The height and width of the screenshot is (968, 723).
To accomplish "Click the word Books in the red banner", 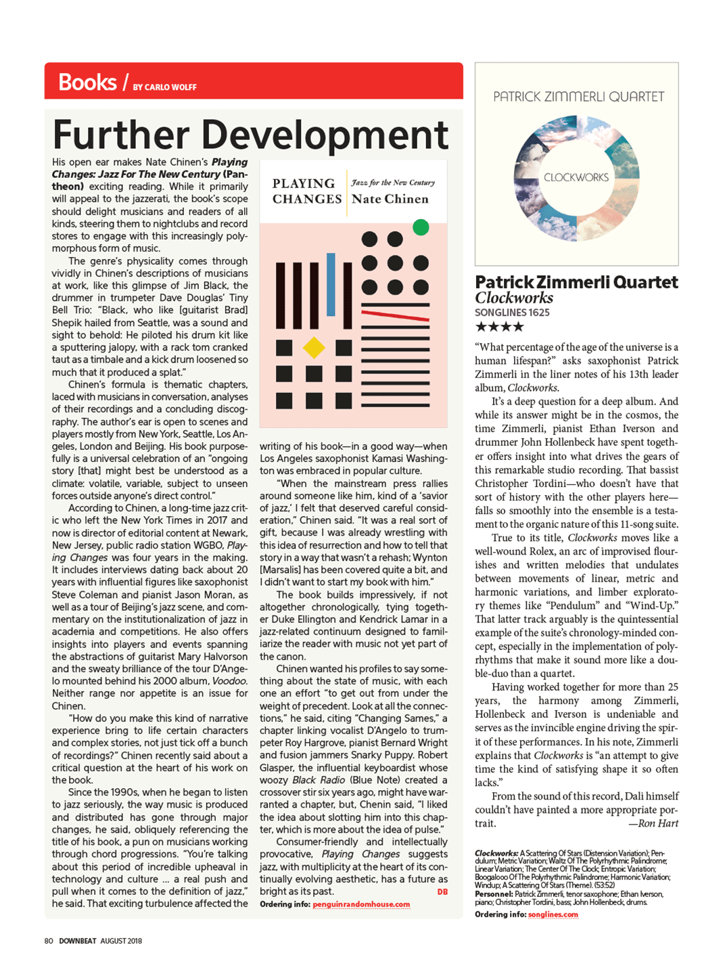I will coord(87,82).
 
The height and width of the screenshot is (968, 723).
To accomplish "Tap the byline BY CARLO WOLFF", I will coord(164,87).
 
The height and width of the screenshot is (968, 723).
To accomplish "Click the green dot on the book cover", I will coord(421,227).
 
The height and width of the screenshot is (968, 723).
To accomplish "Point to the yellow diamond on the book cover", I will coord(314,348).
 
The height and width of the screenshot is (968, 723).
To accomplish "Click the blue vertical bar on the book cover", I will coord(331,285).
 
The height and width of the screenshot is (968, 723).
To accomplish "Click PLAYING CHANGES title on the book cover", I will coord(306,191).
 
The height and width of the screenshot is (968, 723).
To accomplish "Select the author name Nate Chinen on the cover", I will coord(390,199).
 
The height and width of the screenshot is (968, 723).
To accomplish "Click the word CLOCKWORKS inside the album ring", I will coord(576,177).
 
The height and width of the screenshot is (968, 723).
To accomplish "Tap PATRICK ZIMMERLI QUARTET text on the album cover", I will coord(578,97).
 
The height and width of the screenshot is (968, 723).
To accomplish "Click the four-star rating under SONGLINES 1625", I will coord(499,327).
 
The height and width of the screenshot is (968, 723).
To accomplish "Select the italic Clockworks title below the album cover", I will coord(514,298).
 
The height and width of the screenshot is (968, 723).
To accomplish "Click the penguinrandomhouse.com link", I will coord(361,904).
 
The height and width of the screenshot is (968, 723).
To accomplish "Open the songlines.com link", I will coord(553,915).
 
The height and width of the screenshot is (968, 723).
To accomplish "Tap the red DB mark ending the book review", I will coord(442,892).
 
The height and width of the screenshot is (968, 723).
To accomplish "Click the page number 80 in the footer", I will coord(49,941).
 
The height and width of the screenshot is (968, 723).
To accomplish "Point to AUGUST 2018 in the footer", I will coord(121,941).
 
